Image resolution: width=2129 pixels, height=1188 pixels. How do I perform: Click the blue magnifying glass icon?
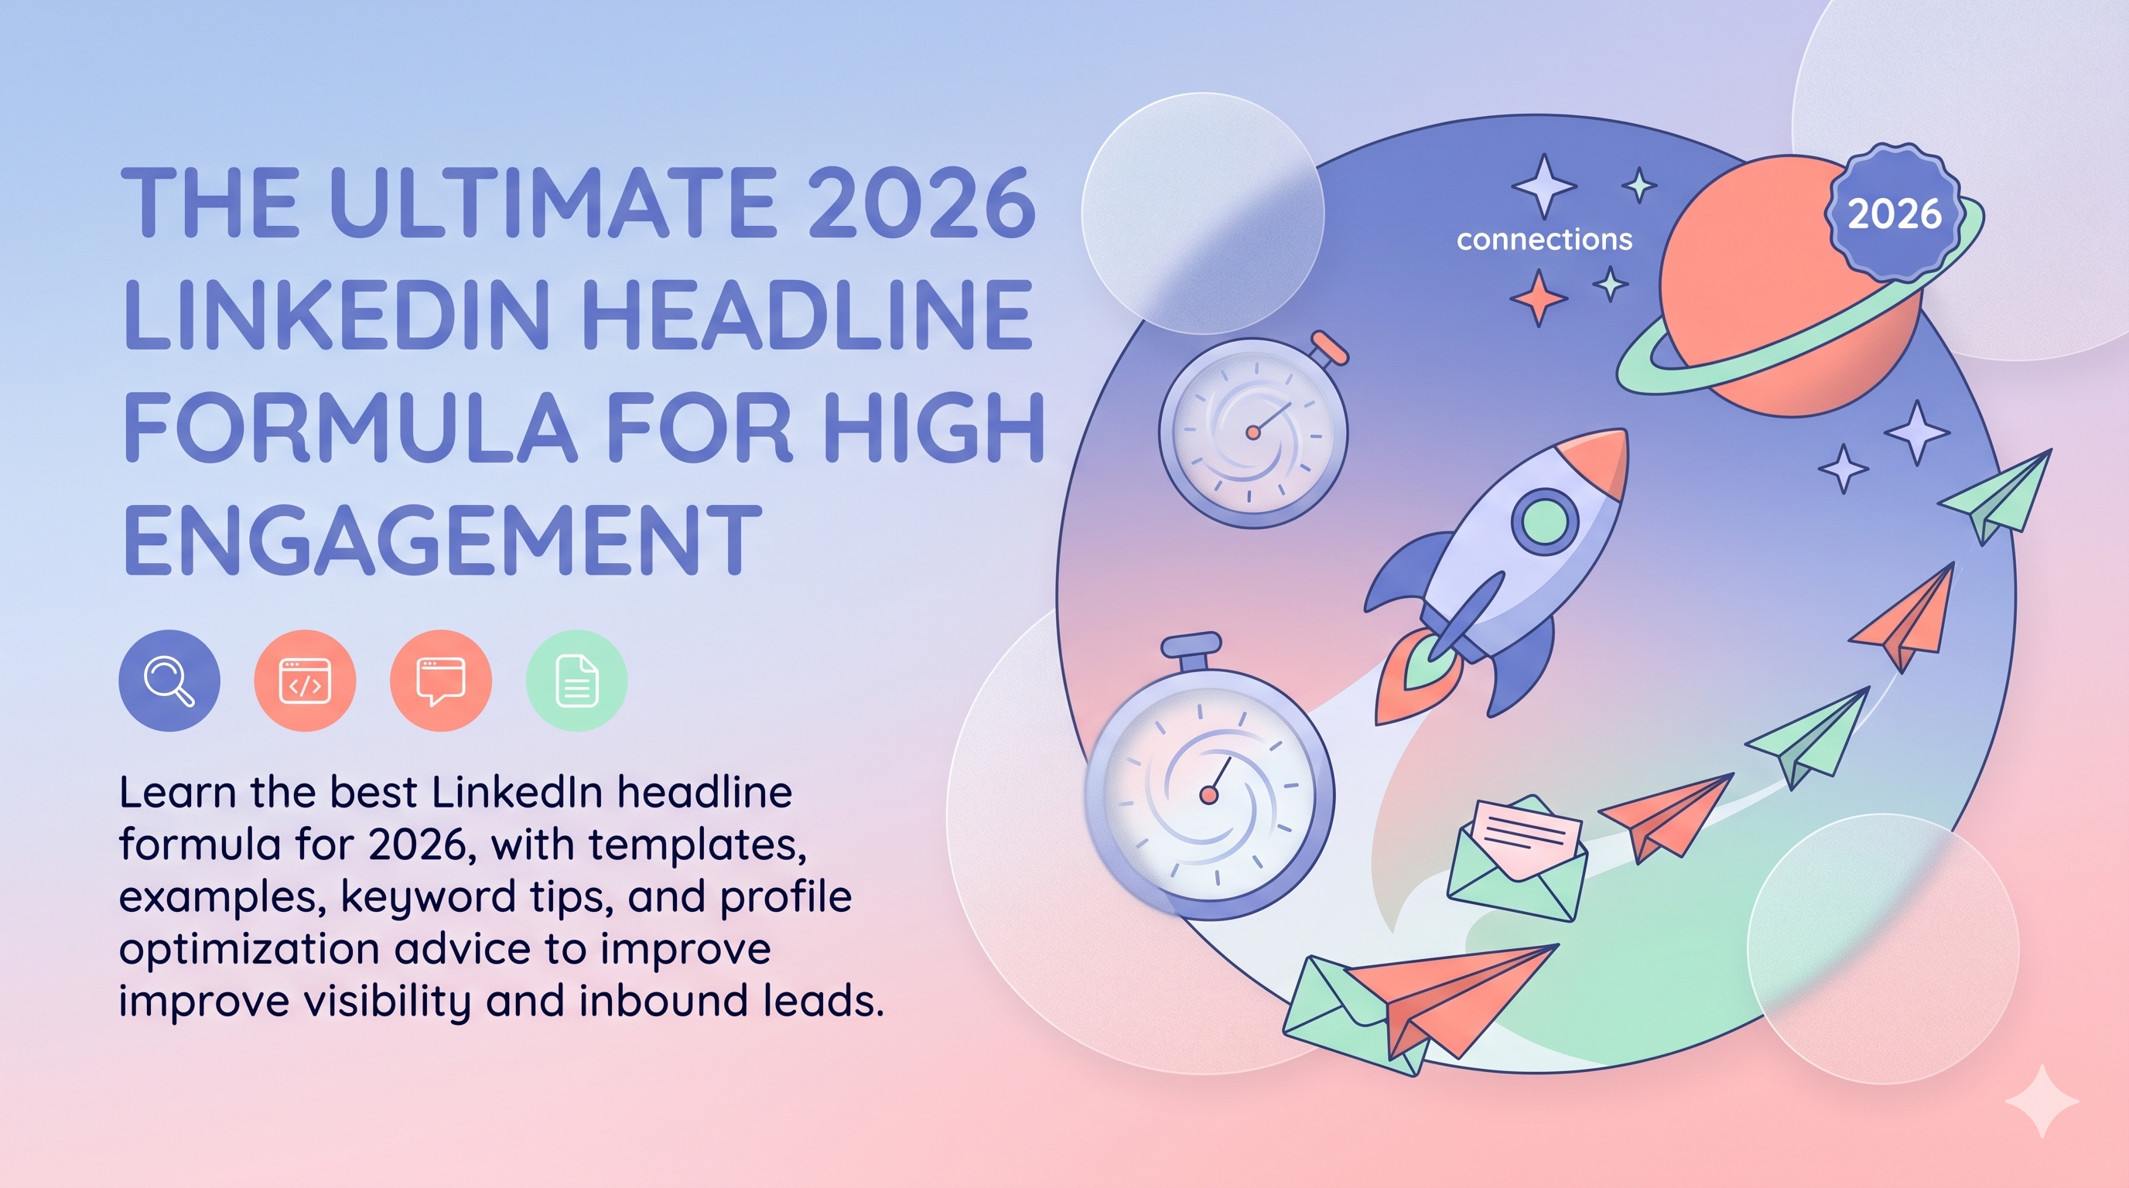[x=169, y=681]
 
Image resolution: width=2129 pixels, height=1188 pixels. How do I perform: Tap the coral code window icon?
[x=305, y=681]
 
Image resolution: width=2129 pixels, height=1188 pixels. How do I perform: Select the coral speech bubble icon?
[x=441, y=681]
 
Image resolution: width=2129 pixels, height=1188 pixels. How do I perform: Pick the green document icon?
[x=577, y=681]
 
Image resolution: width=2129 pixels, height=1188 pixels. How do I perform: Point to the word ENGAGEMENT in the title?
[x=443, y=541]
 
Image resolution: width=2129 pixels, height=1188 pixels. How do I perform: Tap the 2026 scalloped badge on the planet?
[x=1895, y=214]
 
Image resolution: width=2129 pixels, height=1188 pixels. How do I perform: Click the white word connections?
[x=1544, y=240]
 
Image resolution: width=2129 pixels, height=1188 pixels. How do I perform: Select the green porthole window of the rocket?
[x=1544, y=521]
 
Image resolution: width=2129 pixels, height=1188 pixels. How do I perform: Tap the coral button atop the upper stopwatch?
[x=1331, y=347]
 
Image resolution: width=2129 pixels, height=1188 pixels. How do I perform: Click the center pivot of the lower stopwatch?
[x=1209, y=795]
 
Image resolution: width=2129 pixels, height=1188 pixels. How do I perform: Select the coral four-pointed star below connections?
[x=1538, y=298]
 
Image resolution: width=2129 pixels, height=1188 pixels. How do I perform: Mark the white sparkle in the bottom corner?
[x=2042, y=1101]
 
